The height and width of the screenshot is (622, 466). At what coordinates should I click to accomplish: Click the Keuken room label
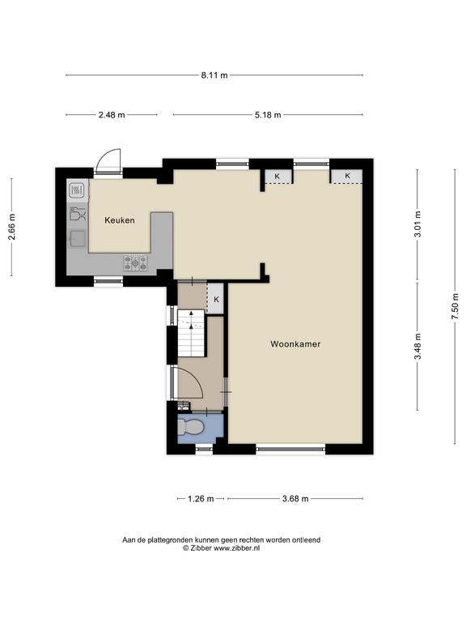pyautogui.click(x=119, y=220)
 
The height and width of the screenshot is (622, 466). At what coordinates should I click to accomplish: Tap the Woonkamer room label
pyautogui.click(x=295, y=344)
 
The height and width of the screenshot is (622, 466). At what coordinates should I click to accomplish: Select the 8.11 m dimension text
pyautogui.click(x=214, y=75)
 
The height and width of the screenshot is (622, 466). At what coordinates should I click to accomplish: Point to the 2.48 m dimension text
pyautogui.click(x=112, y=115)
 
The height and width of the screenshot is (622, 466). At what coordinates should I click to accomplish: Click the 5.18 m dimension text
pyautogui.click(x=268, y=115)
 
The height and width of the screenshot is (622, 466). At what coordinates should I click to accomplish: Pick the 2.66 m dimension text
pyautogui.click(x=12, y=227)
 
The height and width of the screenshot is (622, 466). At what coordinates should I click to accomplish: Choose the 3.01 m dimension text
pyautogui.click(x=417, y=224)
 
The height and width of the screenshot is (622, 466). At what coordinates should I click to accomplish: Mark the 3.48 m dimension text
pyautogui.click(x=417, y=347)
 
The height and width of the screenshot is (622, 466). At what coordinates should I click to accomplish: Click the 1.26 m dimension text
pyautogui.click(x=201, y=499)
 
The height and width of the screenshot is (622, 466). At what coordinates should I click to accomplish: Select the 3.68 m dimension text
pyautogui.click(x=295, y=499)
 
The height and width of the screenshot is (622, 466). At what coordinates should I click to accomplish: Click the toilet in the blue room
pyautogui.click(x=191, y=428)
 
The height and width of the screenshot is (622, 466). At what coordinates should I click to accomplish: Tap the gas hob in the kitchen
pyautogui.click(x=135, y=262)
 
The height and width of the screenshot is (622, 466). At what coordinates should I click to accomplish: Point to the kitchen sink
pyautogui.click(x=78, y=238)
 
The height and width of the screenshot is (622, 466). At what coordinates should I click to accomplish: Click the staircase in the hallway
pyautogui.click(x=191, y=333)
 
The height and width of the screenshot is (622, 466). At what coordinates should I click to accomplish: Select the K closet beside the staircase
pyautogui.click(x=216, y=300)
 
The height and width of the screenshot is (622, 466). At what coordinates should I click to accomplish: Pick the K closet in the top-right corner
pyautogui.click(x=347, y=176)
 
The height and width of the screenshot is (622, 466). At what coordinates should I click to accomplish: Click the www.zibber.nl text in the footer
pyautogui.click(x=236, y=548)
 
